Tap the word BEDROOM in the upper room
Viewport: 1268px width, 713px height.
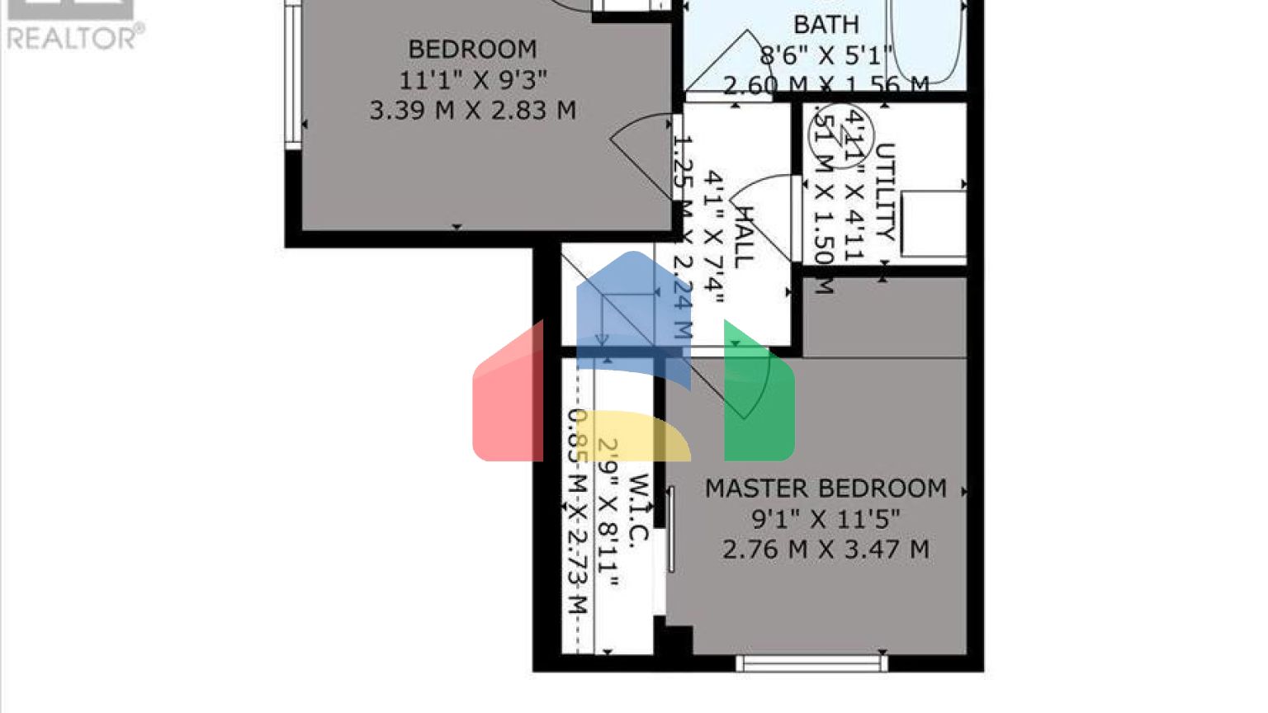472,50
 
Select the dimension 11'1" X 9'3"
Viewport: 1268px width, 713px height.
472,80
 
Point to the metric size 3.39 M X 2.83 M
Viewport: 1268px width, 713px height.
472,110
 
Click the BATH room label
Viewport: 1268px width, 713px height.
826,25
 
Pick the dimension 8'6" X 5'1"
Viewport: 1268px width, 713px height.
826,55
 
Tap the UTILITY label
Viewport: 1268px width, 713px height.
884,191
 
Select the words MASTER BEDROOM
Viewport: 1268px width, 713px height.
826,489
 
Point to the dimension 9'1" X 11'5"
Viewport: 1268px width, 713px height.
826,519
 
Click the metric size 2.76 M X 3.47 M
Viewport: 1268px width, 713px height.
826,550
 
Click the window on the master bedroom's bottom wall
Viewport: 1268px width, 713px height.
811,663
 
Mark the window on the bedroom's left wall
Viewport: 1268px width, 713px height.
293,74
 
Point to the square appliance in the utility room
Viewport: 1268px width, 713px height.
933,224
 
